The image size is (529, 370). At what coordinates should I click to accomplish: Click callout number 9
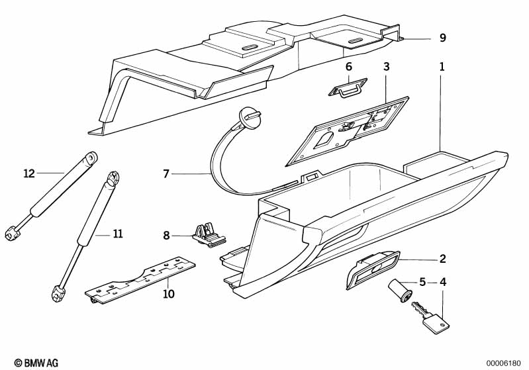pos(443,38)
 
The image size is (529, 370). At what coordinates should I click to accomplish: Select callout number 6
pos(349,66)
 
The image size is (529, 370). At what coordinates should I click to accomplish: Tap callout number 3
pos(386,66)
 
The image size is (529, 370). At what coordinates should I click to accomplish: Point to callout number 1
pos(442,66)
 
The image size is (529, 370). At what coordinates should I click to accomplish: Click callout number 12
pos(29,173)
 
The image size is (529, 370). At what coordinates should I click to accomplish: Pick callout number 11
pos(117,234)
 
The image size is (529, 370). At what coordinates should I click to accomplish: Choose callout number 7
pos(166,173)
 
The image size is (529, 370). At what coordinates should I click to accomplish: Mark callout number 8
pos(166,235)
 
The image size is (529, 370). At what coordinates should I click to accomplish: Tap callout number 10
pos(169,294)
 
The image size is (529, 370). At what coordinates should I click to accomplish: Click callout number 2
pos(443,259)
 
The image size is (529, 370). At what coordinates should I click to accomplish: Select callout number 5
pos(422,281)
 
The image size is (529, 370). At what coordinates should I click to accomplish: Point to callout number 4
pos(443,281)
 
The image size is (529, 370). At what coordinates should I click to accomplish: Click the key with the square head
pos(431,318)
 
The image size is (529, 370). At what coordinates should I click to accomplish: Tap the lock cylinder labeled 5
pos(400,290)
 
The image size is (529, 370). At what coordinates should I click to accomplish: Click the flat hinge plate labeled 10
pos(140,281)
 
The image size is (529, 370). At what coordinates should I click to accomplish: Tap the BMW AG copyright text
pos(36,363)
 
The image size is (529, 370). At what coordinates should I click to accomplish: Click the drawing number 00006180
pos(503,363)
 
